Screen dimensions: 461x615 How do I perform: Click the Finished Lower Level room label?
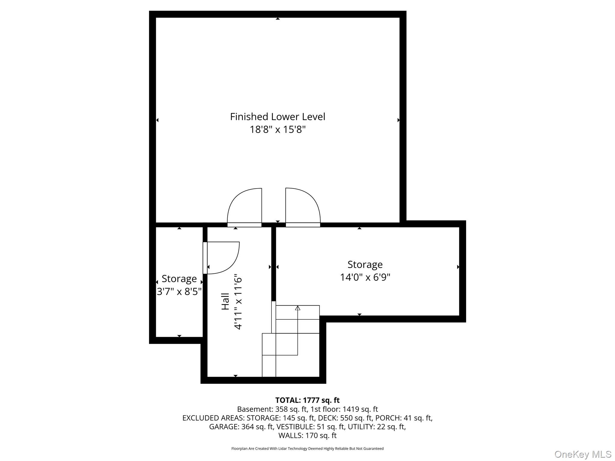click(277, 117)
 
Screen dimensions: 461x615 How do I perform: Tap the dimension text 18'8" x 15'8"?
click(277, 130)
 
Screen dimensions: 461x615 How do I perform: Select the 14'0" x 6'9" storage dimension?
click(365, 277)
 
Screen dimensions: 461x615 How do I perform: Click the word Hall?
click(225, 302)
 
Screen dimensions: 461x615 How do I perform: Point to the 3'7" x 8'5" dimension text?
click(179, 291)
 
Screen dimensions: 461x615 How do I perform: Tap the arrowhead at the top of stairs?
click(298, 308)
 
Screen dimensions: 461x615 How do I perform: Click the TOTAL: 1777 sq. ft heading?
click(307, 400)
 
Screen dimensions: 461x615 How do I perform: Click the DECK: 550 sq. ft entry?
click(341, 418)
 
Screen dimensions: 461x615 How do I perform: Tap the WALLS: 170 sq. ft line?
click(307, 435)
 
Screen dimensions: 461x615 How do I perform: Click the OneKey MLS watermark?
click(583, 454)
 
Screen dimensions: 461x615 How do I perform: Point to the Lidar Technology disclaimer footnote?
click(307, 449)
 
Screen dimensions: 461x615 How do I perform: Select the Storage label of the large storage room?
click(365, 264)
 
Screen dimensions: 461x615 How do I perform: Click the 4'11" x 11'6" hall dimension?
click(238, 302)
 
